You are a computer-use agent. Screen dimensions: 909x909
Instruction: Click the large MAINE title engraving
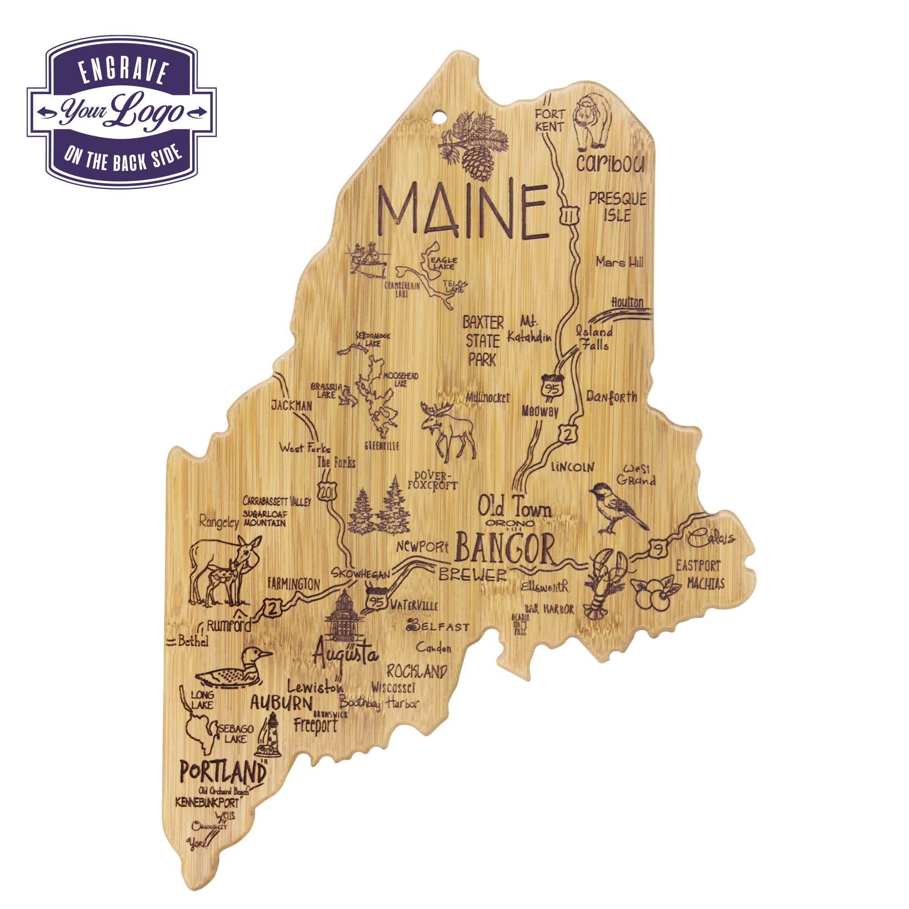pyautogui.click(x=464, y=212)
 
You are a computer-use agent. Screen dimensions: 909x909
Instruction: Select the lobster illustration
pyautogui.click(x=604, y=584)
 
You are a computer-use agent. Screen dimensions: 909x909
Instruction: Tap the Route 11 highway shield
pyautogui.click(x=569, y=216)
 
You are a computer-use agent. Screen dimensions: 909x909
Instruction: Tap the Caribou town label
pyautogui.click(x=610, y=163)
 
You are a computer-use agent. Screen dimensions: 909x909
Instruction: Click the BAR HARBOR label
pyautogui.click(x=549, y=609)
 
